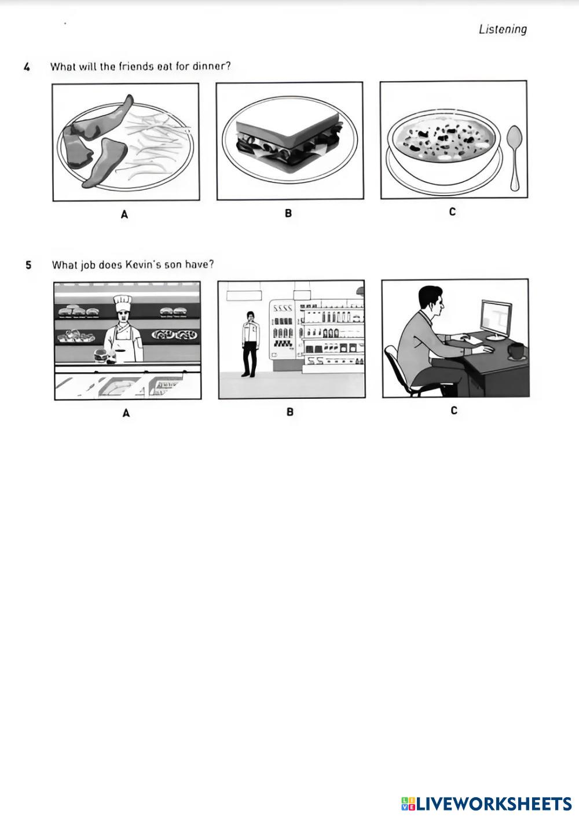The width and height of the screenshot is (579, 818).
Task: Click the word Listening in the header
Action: [x=503, y=29]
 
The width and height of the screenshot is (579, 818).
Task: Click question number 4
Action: [x=27, y=67]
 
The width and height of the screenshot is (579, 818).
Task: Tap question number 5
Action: [x=28, y=265]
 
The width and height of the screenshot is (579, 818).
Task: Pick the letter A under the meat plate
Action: [x=124, y=215]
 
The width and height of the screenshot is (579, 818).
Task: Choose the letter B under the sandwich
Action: [x=288, y=213]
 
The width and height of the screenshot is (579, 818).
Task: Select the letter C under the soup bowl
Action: [x=452, y=211]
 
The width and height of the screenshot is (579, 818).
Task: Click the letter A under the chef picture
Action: [x=126, y=413]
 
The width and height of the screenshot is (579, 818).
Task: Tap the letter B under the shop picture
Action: [x=290, y=412]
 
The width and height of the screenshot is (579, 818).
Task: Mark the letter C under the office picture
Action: [x=454, y=410]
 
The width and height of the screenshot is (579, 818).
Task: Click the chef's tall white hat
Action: [x=122, y=303]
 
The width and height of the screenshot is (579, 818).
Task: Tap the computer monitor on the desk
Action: [x=497, y=320]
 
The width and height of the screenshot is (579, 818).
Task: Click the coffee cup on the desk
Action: [x=516, y=351]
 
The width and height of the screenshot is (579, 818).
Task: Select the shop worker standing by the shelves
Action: [x=250, y=344]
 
